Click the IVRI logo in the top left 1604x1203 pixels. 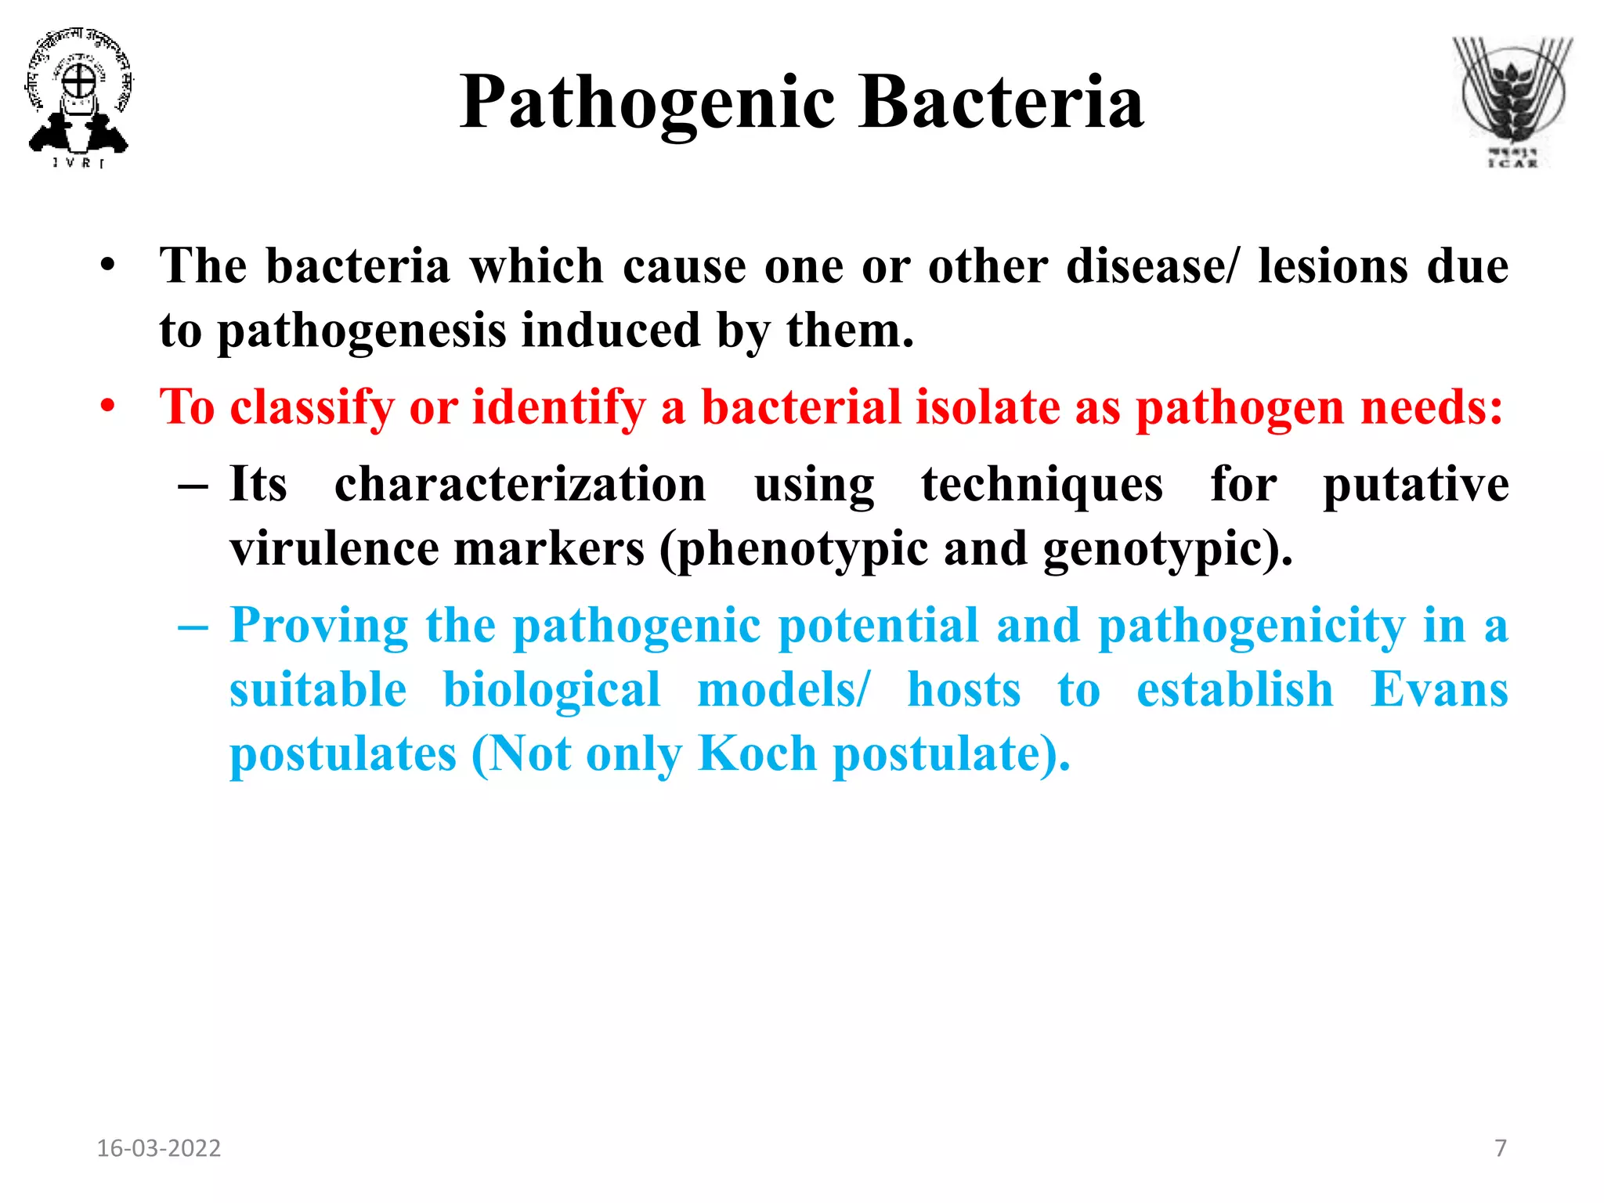[78, 98]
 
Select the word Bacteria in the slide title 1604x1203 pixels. [1001, 103]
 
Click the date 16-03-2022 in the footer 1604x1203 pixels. [158, 1148]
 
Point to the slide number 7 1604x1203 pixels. [1501, 1148]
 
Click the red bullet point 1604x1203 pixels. [108, 406]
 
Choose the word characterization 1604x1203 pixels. [520, 484]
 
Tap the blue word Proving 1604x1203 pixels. [319, 627]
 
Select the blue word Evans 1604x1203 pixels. [1440, 690]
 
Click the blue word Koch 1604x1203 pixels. [757, 753]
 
